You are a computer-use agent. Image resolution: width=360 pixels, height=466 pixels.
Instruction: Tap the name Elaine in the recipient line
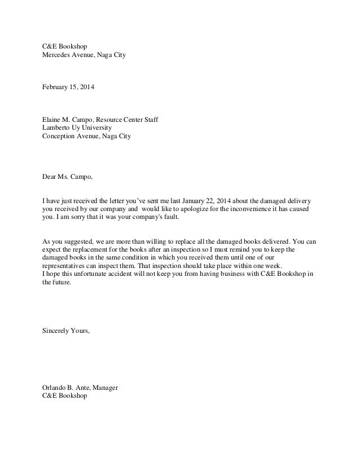[52, 120]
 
